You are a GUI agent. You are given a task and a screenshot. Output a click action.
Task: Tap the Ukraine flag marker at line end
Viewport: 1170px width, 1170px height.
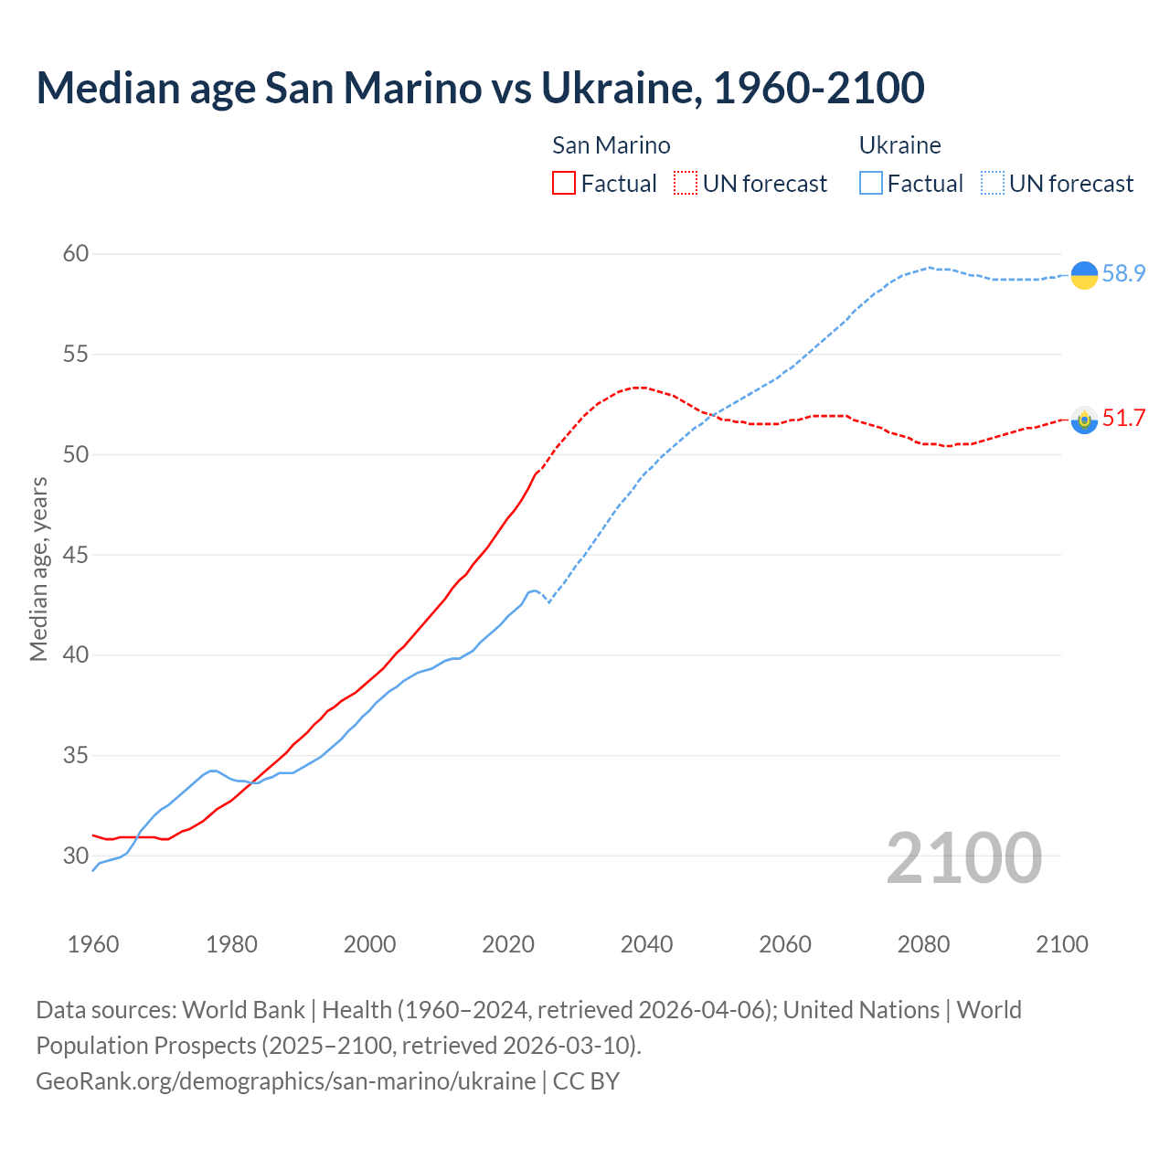[1084, 274]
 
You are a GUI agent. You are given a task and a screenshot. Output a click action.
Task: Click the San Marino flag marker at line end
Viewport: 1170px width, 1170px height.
[1084, 420]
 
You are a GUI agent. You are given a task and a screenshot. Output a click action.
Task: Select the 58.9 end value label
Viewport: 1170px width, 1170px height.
[1123, 273]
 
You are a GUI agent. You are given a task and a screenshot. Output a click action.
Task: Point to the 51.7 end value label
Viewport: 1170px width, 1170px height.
[1123, 419]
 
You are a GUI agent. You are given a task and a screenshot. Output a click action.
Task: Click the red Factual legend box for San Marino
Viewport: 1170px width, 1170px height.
[564, 184]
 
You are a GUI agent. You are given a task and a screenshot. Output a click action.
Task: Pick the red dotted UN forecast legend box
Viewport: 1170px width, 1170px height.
[686, 184]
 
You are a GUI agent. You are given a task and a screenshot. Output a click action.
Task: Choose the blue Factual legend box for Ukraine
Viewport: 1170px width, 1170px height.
[871, 184]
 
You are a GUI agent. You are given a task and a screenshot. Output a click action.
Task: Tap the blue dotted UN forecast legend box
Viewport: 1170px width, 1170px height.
[993, 184]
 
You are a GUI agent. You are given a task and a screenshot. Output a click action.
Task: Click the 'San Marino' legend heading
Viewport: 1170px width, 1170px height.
[612, 145]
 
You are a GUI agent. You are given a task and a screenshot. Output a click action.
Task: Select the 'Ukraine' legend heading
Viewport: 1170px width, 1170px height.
[900, 145]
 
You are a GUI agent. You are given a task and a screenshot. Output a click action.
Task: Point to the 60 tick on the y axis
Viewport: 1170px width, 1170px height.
[76, 254]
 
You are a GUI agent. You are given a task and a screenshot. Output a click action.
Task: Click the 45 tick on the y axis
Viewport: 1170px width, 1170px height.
[76, 555]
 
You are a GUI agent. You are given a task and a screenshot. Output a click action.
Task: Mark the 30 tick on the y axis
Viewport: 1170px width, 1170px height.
[76, 856]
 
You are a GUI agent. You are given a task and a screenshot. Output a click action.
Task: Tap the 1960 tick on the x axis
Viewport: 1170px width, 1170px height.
[93, 944]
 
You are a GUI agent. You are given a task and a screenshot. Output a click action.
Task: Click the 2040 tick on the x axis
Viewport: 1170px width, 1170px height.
[646, 944]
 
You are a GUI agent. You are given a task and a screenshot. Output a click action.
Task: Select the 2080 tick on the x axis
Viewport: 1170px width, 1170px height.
[923, 944]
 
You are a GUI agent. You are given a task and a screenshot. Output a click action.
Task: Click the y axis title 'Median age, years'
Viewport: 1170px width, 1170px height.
[38, 569]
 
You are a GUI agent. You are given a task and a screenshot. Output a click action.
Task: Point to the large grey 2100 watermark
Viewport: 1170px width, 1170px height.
[963, 857]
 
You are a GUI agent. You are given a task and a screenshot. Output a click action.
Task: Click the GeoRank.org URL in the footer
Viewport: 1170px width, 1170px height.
[286, 1081]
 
